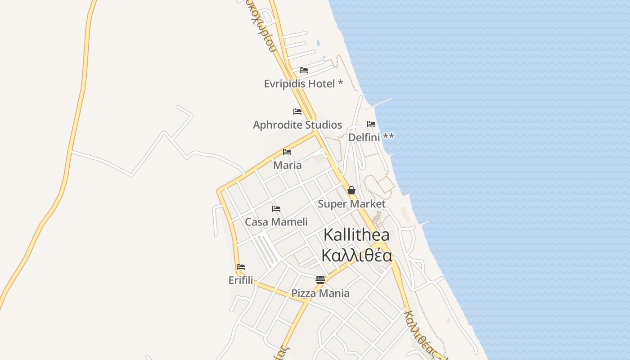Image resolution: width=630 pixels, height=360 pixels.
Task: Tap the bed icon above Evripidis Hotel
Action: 304,70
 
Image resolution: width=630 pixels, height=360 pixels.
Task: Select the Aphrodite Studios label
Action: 297,125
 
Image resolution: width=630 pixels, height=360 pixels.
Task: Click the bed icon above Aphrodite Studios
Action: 297,112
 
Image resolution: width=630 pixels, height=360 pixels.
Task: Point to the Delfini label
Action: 364,137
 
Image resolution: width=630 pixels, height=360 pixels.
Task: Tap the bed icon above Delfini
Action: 371,124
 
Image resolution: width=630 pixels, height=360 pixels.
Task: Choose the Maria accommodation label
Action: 288,165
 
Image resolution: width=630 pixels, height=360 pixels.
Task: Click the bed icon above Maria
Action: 287,152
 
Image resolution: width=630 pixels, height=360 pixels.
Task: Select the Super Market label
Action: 351,204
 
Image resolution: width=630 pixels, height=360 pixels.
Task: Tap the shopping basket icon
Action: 351,190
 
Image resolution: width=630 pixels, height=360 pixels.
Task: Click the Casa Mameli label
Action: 276,222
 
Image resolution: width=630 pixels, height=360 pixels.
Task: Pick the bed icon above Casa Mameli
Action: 276,209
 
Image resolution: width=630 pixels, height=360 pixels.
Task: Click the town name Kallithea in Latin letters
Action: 356,234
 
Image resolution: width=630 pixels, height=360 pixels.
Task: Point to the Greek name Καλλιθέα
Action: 356,255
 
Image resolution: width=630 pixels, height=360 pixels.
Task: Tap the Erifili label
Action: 241,280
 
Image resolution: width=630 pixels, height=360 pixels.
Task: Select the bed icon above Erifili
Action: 241,267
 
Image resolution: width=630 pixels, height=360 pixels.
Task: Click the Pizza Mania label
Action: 320,293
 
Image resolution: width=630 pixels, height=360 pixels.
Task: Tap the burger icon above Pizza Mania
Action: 320,280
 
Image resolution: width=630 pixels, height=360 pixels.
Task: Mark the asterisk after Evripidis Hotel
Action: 340,83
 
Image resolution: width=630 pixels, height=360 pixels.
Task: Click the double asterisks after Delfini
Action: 388,136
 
